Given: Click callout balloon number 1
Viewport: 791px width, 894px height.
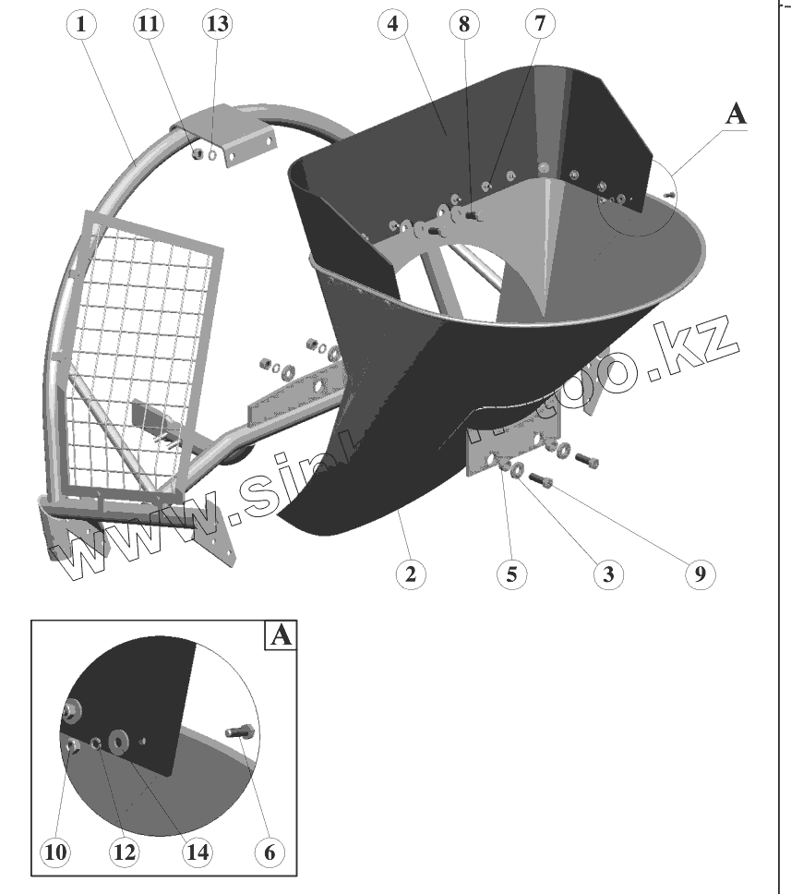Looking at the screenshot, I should pyautogui.click(x=82, y=26).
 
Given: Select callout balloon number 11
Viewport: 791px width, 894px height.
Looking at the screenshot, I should pyautogui.click(x=147, y=26).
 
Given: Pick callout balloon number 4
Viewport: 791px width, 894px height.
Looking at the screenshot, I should pyautogui.click(x=393, y=26).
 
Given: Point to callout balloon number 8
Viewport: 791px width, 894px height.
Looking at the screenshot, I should pyautogui.click(x=464, y=26).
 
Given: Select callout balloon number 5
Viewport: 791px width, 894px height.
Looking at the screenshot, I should pyautogui.click(x=510, y=574).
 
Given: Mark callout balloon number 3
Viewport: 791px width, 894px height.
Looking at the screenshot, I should pyautogui.click(x=606, y=574).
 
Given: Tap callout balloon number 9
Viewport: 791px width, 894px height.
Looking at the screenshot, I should pyautogui.click(x=700, y=574).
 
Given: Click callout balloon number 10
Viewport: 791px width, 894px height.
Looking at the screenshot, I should pyautogui.click(x=57, y=852).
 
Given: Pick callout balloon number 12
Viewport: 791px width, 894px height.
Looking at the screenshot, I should pyautogui.click(x=123, y=852).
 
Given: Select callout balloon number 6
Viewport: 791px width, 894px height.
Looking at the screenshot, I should pyautogui.click(x=269, y=852).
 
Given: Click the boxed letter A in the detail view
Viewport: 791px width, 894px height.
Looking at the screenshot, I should pyautogui.click(x=281, y=636).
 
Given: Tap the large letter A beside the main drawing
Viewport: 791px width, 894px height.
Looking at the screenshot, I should pyautogui.click(x=736, y=114).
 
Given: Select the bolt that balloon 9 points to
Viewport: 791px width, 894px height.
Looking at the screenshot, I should pyautogui.click(x=542, y=481).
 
